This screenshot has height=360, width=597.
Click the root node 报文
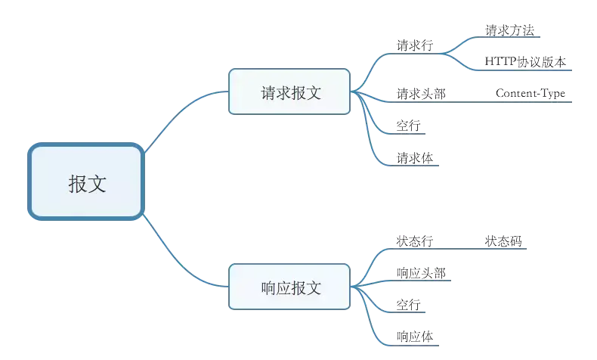(86, 182)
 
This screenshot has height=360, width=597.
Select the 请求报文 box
(289, 92)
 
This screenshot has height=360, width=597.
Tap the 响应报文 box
(289, 287)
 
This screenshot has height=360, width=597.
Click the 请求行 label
(415, 45)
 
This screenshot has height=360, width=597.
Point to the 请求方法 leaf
(511, 31)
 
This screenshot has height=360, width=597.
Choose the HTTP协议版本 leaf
(525, 62)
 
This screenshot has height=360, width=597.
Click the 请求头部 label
(421, 94)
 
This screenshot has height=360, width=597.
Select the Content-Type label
(530, 94)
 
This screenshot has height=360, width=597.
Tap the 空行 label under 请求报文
(409, 126)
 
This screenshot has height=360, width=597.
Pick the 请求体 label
(415, 158)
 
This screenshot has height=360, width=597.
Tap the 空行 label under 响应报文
(409, 305)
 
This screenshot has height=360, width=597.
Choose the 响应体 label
(415, 336)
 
